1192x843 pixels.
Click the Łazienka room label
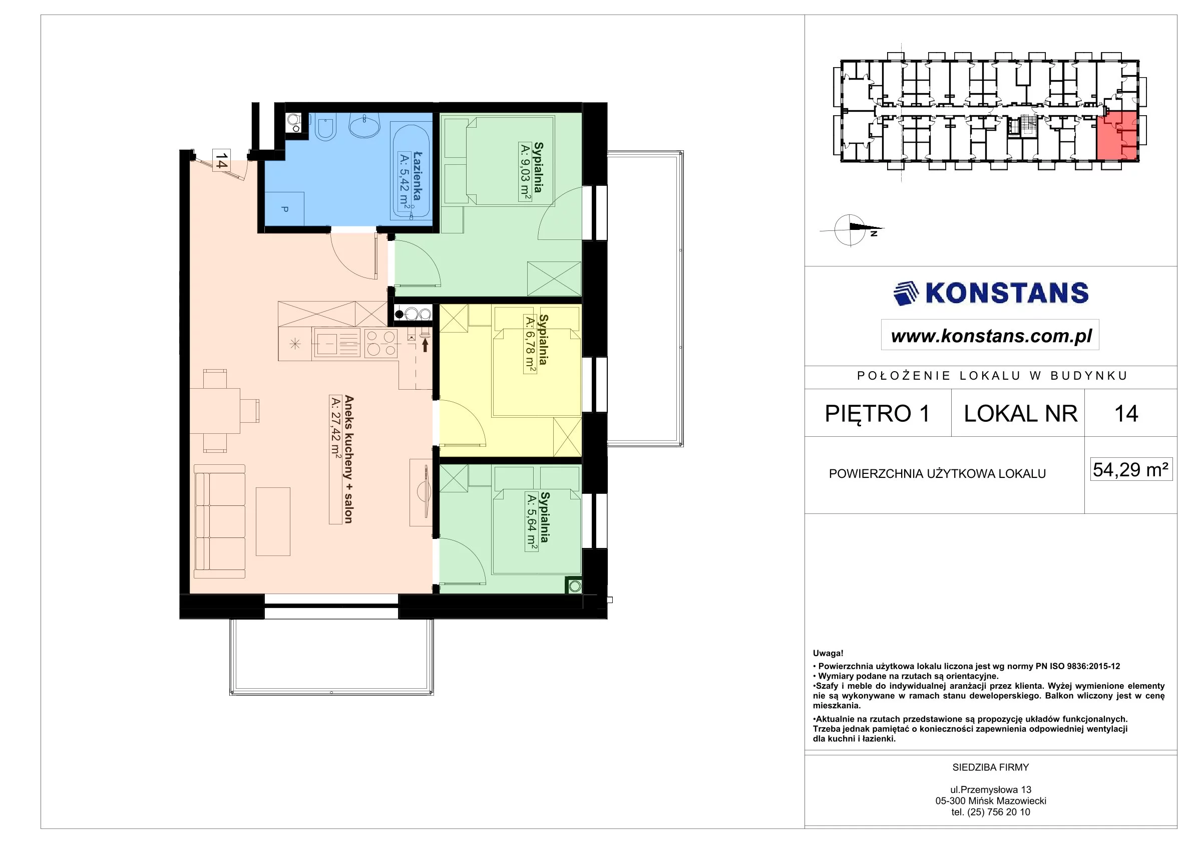point(417,176)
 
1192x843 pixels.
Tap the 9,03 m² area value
point(525,172)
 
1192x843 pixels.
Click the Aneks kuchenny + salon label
point(348,459)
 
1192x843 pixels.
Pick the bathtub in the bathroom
point(411,171)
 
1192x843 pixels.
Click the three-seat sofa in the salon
point(219,521)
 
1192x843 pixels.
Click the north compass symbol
point(852,229)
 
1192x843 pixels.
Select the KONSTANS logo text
point(1007,293)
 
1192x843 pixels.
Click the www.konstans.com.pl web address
point(991,336)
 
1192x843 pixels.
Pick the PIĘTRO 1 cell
point(878,413)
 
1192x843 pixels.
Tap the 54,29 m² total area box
point(1131,469)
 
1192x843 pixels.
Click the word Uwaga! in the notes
point(828,654)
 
